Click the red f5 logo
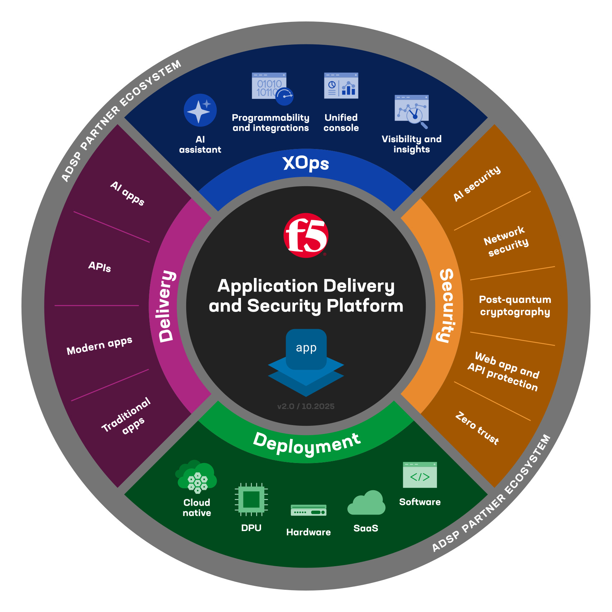[x=306, y=235]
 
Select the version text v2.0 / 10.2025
[x=306, y=406]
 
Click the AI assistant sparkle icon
[x=200, y=110]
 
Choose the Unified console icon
[x=341, y=86]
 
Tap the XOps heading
[x=306, y=163]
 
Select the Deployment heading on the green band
[x=307, y=444]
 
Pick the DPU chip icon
[x=251, y=499]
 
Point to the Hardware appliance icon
[x=308, y=510]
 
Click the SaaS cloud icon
[x=366, y=503]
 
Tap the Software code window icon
[x=420, y=475]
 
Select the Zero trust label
[x=477, y=428]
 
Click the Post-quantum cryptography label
[x=515, y=305]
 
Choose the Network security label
[x=506, y=241]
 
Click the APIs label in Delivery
[x=100, y=266]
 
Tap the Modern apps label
[x=99, y=346]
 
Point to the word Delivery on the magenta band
[x=167, y=306]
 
